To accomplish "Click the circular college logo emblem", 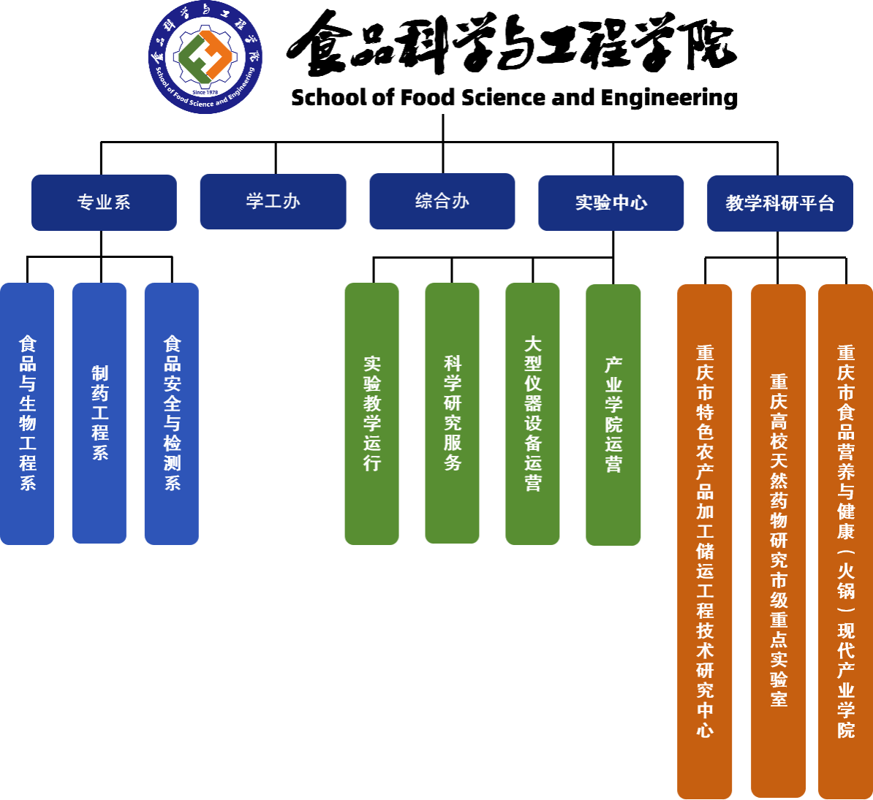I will coord(205,57).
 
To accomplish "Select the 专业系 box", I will coord(104,202).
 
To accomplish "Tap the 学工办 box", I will coord(273,202).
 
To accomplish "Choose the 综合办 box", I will coord(442,201).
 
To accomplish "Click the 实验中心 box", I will coord(611,203).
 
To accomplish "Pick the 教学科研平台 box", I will coord(780,203).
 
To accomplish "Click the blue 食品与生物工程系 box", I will coord(27,414).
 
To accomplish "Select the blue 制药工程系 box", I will coord(99,414).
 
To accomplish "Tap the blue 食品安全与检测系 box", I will coord(172,414).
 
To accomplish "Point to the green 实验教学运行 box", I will coord(371,414).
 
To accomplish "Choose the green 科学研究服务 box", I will coord(452,414).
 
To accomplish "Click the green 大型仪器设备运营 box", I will coord(532,414).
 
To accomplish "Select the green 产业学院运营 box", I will coord(613,414).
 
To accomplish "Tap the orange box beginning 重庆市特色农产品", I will coord(705,541).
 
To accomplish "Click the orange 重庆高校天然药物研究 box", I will coord(779,541).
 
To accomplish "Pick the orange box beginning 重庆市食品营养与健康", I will coord(845,541).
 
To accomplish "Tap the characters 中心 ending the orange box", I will coord(705,720).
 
